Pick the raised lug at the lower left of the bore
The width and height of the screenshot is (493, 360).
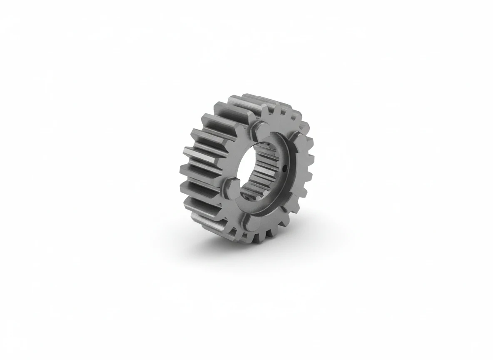[228, 185]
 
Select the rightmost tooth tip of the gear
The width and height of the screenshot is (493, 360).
[311, 157]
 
